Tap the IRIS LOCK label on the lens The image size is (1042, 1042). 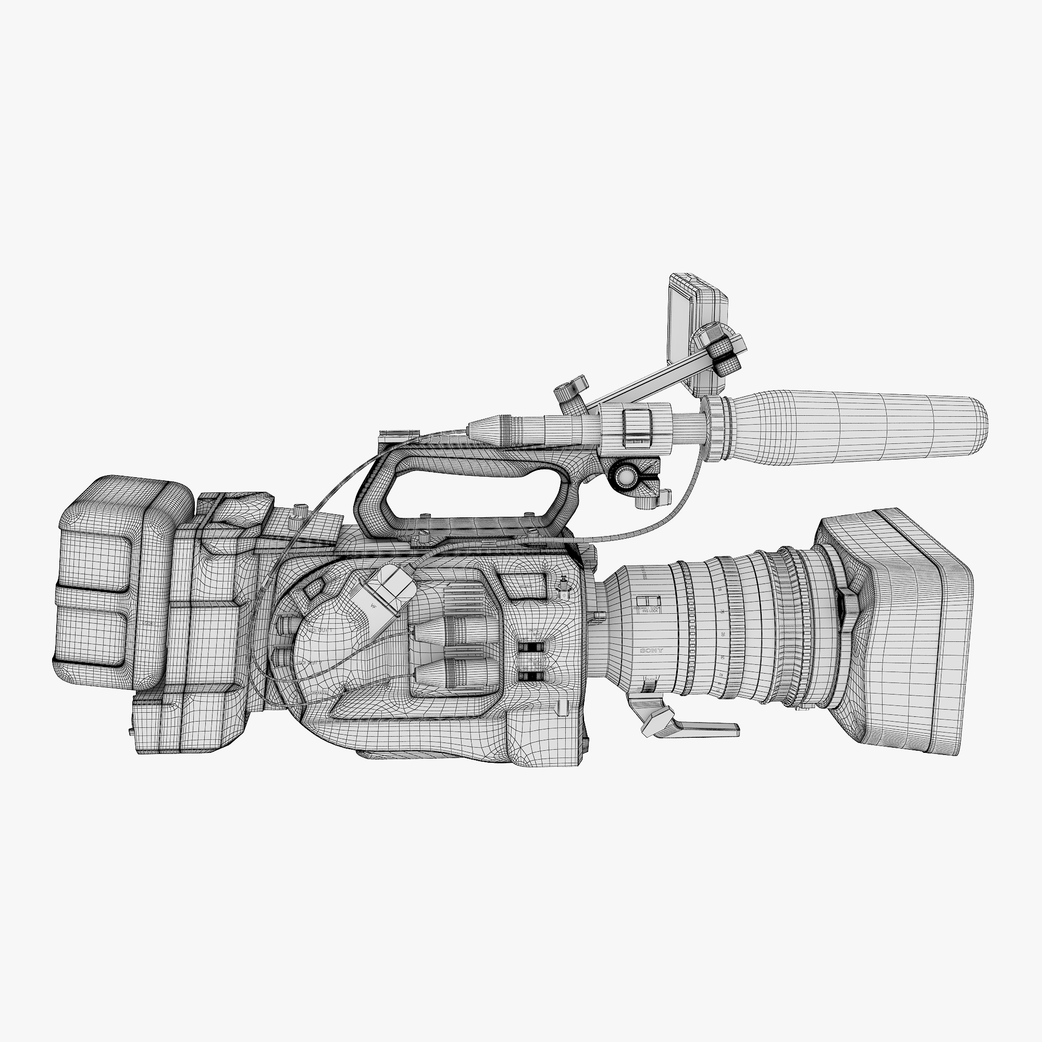(x=647, y=611)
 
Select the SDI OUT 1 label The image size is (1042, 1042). (x=320, y=630)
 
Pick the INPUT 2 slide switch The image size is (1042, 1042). (x=531, y=675)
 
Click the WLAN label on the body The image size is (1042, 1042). (x=524, y=586)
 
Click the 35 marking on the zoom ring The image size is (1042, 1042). (x=722, y=634)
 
